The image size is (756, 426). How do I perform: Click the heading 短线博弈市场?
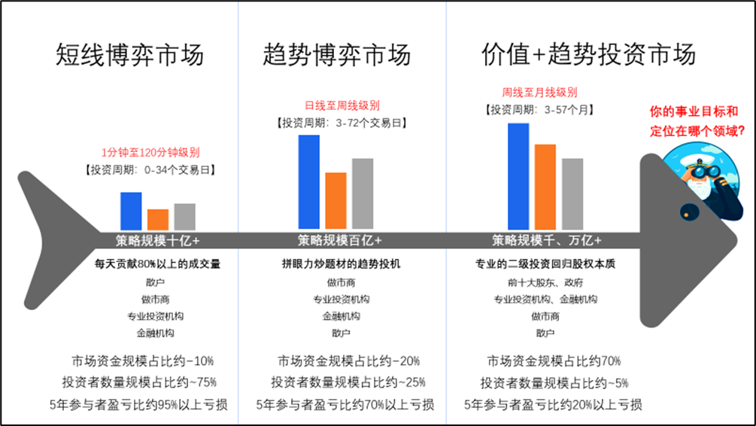[x=129, y=54]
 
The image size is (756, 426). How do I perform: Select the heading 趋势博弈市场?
[x=336, y=54]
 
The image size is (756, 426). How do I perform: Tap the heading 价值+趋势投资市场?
[x=588, y=53]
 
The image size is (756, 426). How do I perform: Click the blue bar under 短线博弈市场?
[x=131, y=211]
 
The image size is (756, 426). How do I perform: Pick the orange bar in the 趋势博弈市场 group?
[x=335, y=200]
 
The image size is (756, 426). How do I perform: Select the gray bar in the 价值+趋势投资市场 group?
[x=572, y=194]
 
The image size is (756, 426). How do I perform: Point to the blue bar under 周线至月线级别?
[x=518, y=177]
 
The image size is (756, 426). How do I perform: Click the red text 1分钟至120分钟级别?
[x=150, y=153]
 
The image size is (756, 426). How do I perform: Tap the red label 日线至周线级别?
[x=342, y=105]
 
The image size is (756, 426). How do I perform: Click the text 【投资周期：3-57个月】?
[x=539, y=110]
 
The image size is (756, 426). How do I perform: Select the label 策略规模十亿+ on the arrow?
[x=157, y=240]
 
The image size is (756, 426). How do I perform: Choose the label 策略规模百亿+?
[x=339, y=240]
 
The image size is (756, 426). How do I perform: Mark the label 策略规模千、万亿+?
[x=547, y=240]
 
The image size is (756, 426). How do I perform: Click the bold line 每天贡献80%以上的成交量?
[x=157, y=264]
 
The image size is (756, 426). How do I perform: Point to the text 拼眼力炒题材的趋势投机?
[x=341, y=264]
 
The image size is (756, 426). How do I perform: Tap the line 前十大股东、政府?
[x=545, y=282]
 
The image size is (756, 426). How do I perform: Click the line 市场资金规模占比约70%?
[x=554, y=361]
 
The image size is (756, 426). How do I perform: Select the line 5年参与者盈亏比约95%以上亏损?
[x=138, y=404]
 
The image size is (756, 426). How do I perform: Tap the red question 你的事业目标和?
[x=694, y=111]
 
